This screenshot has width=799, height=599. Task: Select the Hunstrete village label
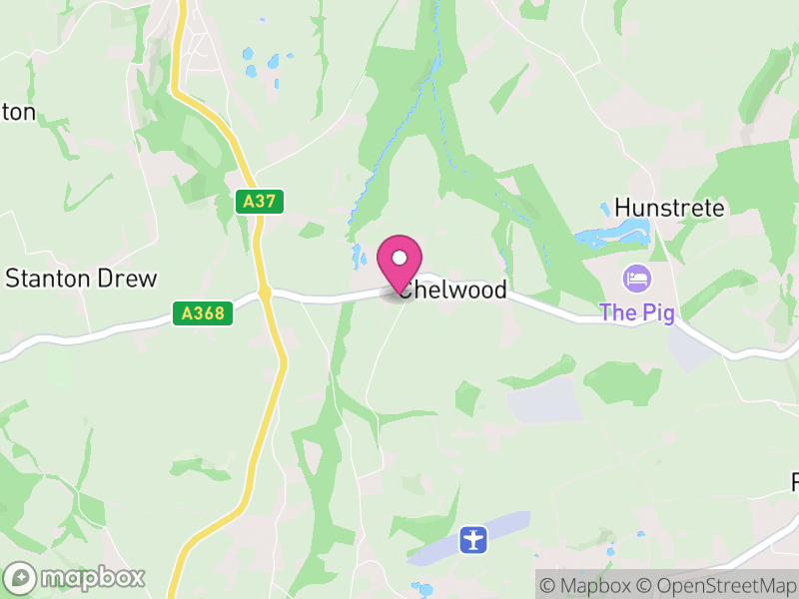tap(668, 208)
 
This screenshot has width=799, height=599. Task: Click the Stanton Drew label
tap(82, 278)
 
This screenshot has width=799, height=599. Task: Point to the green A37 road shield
tap(260, 202)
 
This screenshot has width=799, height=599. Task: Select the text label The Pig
tap(636, 312)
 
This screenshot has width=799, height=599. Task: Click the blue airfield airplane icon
tap(472, 539)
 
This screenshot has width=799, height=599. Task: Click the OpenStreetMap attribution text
tap(716, 585)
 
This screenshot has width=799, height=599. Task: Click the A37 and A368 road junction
tap(265, 293)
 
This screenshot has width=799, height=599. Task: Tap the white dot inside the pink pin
tap(399, 258)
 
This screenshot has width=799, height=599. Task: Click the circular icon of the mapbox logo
tap(20, 577)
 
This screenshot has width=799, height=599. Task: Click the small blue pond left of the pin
tap(357, 258)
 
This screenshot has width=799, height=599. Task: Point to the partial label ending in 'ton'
tap(18, 112)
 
